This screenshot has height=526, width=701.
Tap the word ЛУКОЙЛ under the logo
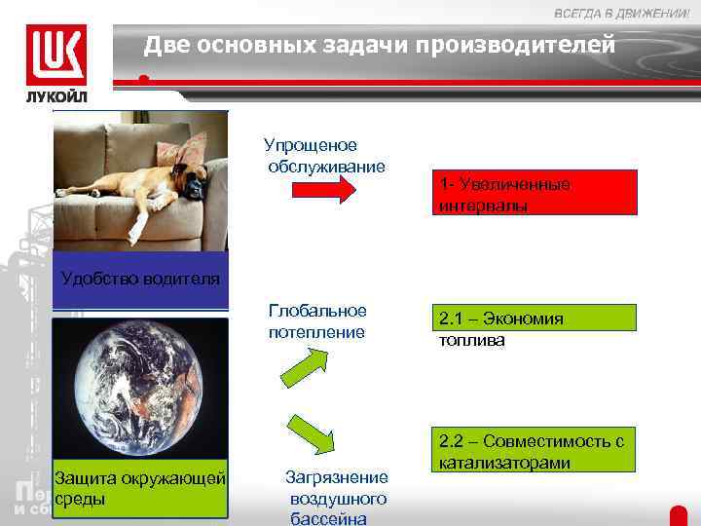(55, 97)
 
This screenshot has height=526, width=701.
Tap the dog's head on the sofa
(194, 176)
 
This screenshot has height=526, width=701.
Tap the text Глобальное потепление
(317, 321)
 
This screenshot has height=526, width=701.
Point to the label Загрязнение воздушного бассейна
(337, 498)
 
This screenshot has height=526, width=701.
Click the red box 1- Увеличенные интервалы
(535, 193)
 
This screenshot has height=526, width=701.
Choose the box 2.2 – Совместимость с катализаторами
(536, 452)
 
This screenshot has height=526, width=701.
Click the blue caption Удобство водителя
(140, 280)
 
